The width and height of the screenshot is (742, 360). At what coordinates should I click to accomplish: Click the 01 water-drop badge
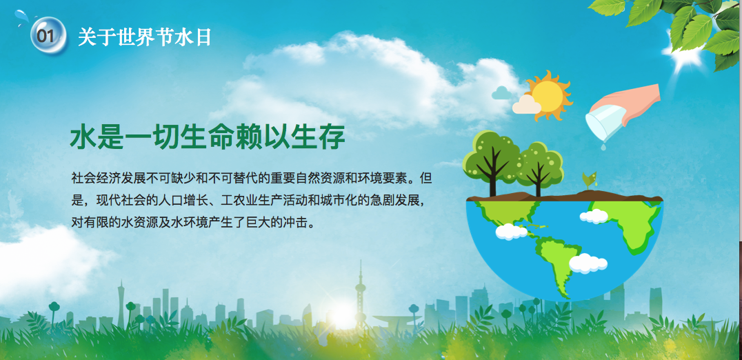pos(48,35)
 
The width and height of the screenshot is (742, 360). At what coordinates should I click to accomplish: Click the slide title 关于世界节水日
pos(145,37)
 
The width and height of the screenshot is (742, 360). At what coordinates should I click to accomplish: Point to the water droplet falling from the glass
pos(603,147)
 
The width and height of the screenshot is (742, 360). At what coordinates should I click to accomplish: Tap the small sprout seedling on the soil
pos(589,181)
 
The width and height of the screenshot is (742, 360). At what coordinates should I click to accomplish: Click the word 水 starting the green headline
pos(83,137)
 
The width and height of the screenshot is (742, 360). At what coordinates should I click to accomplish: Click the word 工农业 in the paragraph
pos(239,201)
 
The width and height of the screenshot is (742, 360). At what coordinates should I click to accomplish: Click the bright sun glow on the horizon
pos(342,315)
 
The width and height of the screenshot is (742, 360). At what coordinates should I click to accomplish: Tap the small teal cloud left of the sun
pos(501,92)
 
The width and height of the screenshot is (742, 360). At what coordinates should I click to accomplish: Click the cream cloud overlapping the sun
pos(526,105)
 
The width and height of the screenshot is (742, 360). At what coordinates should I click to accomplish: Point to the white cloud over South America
pos(588,263)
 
